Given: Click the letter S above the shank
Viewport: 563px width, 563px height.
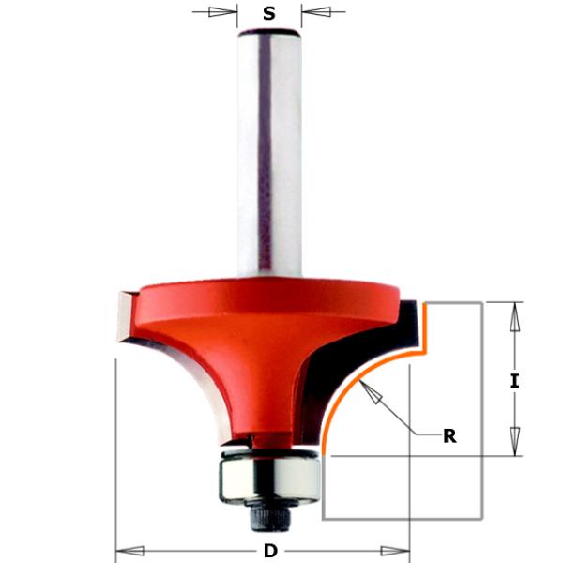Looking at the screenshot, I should click(269, 13).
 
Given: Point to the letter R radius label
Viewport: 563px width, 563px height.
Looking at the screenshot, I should click(449, 435).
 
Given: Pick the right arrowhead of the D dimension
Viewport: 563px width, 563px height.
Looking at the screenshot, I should click(396, 550).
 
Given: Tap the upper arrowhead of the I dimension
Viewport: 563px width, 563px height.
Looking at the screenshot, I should click(514, 319).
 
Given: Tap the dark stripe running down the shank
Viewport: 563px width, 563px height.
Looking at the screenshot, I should click(266, 150).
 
